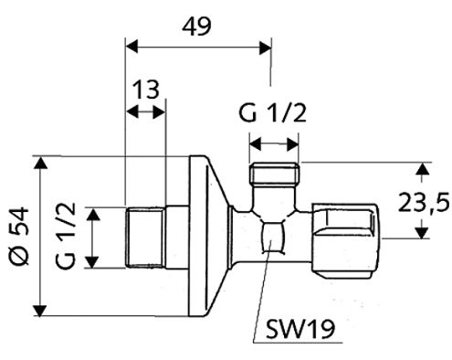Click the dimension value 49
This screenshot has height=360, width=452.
point(196,26)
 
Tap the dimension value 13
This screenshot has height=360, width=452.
point(146,90)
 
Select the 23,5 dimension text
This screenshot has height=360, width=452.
point(424,203)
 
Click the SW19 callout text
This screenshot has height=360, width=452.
point(300,329)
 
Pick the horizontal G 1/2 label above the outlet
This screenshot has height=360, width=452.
point(272,113)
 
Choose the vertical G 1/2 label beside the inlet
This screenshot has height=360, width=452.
point(66,236)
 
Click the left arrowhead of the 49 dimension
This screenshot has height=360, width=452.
point(131,48)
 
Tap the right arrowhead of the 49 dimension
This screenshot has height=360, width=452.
point(265,48)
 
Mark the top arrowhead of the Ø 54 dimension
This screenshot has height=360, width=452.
point(40,162)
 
